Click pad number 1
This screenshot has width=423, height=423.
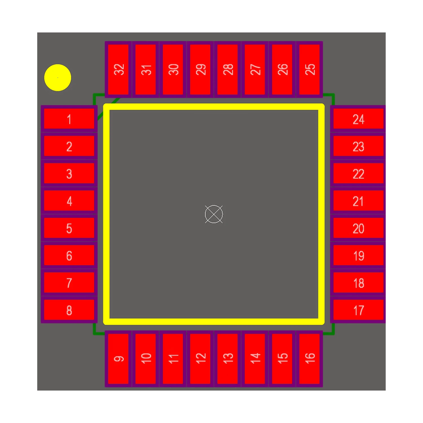point(69,119)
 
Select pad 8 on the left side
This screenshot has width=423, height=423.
point(69,310)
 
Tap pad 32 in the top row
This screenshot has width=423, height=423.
point(118,69)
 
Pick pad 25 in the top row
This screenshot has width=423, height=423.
point(309,69)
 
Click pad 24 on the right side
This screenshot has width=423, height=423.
point(358,119)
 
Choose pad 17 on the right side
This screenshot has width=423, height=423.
point(358,310)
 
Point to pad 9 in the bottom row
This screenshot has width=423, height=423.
point(118,359)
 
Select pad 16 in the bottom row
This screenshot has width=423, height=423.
point(309,359)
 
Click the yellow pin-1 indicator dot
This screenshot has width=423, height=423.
point(58,78)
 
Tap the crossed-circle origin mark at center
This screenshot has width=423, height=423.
point(214,214)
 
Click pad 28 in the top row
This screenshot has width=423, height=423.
point(228,69)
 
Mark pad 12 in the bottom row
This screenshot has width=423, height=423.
point(200,359)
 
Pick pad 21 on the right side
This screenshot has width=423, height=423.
point(358,201)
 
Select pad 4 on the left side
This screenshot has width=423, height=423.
point(69,201)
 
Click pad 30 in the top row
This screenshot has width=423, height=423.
point(173,69)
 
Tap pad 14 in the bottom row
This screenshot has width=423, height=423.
point(255,359)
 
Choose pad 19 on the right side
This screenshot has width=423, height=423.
point(358,255)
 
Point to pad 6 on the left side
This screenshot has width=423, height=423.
point(69,255)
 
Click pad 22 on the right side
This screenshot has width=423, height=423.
point(358,173)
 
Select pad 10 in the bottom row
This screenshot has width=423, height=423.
point(146,359)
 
